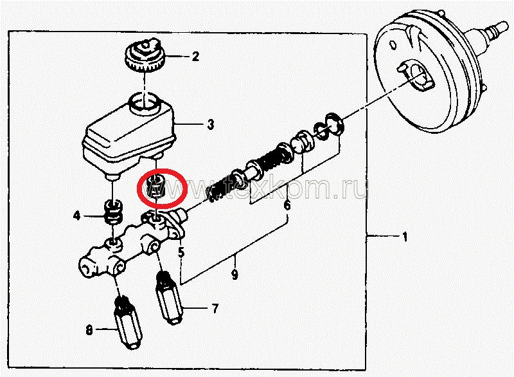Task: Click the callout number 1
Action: click(405, 236)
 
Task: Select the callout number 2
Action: click(195, 57)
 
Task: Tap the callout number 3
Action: click(211, 124)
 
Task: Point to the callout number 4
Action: click(76, 216)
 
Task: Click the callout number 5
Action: click(181, 252)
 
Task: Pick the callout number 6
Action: click(287, 205)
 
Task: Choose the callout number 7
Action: click(215, 308)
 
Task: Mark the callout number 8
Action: click(89, 329)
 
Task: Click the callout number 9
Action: click(235, 274)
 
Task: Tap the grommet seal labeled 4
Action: click(114, 212)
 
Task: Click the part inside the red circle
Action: click(156, 187)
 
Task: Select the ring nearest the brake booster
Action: click(334, 124)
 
